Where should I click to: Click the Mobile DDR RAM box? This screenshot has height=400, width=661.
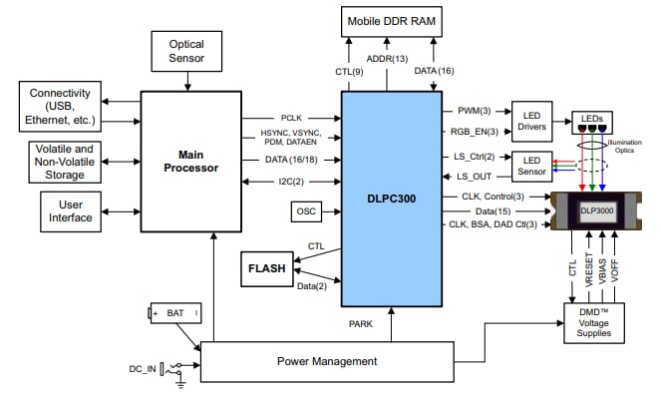pyautogui.click(x=392, y=20)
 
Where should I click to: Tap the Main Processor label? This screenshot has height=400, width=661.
pyautogui.click(x=190, y=161)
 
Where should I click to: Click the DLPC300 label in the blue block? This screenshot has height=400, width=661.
pyautogui.click(x=392, y=198)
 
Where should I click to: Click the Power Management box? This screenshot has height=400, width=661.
pyautogui.click(x=326, y=361)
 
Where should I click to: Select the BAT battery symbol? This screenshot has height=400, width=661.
pyautogui.click(x=175, y=313)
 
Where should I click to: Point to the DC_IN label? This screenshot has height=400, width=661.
pyautogui.click(x=142, y=370)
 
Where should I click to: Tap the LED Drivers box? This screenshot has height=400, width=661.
pyautogui.click(x=531, y=121)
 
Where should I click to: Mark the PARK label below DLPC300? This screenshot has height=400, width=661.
pyautogui.click(x=361, y=323)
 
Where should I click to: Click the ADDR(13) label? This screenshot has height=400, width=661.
pyautogui.click(x=392, y=60)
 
